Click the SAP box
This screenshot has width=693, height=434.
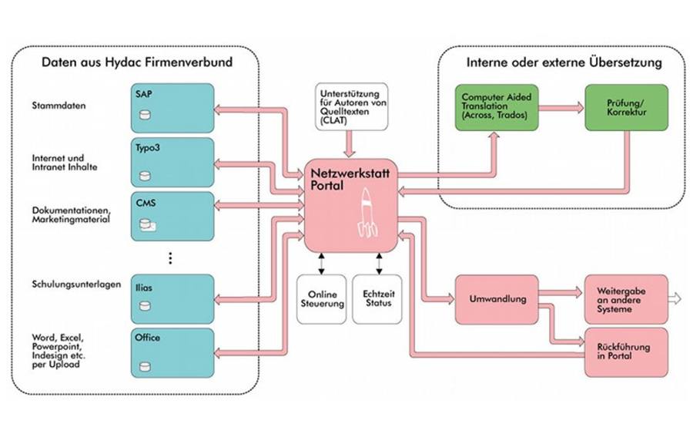tap(172, 108)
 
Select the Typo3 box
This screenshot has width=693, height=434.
tap(172, 163)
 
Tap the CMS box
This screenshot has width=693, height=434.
tap(172, 217)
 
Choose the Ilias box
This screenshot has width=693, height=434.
tap(172, 298)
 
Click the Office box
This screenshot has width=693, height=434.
tap(172, 352)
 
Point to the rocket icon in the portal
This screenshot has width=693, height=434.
tap(367, 213)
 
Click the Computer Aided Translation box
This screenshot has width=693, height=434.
tap(497, 107)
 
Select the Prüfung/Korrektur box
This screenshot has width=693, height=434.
tap(626, 107)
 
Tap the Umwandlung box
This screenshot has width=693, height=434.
tap(497, 300)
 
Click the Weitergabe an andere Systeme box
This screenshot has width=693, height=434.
tap(626, 300)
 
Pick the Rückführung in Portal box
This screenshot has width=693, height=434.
tap(626, 352)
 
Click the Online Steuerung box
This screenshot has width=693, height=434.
tap(322, 299)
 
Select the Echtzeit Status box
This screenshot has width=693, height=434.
tap(377, 299)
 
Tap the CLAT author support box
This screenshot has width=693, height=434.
tap(351, 106)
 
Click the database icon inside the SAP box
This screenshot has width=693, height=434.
tap(145, 115)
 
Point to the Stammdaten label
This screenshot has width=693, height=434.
tap(59, 106)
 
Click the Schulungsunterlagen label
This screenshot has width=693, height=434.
tap(76, 284)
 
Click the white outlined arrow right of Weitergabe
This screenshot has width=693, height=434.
tap(675, 299)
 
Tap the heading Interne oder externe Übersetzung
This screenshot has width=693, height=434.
tap(564, 62)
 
